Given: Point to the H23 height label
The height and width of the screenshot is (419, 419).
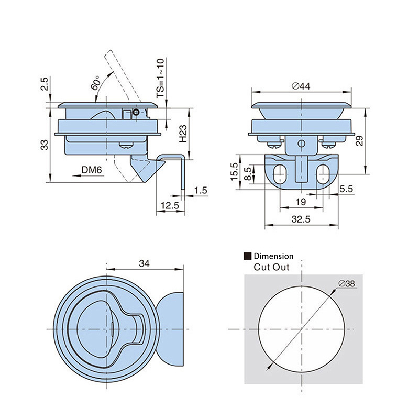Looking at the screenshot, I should [183, 134].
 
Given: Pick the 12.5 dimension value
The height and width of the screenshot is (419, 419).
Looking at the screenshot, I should [169, 206].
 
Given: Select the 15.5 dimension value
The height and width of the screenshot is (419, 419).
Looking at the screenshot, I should [234, 172].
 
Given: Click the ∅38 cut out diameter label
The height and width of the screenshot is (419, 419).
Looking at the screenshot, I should [347, 283].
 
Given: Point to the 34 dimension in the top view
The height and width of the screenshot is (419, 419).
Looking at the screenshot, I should [145, 264].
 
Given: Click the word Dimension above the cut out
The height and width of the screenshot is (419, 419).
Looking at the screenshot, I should [273, 257].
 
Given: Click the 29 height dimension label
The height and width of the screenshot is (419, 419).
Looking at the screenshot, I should [359, 140].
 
